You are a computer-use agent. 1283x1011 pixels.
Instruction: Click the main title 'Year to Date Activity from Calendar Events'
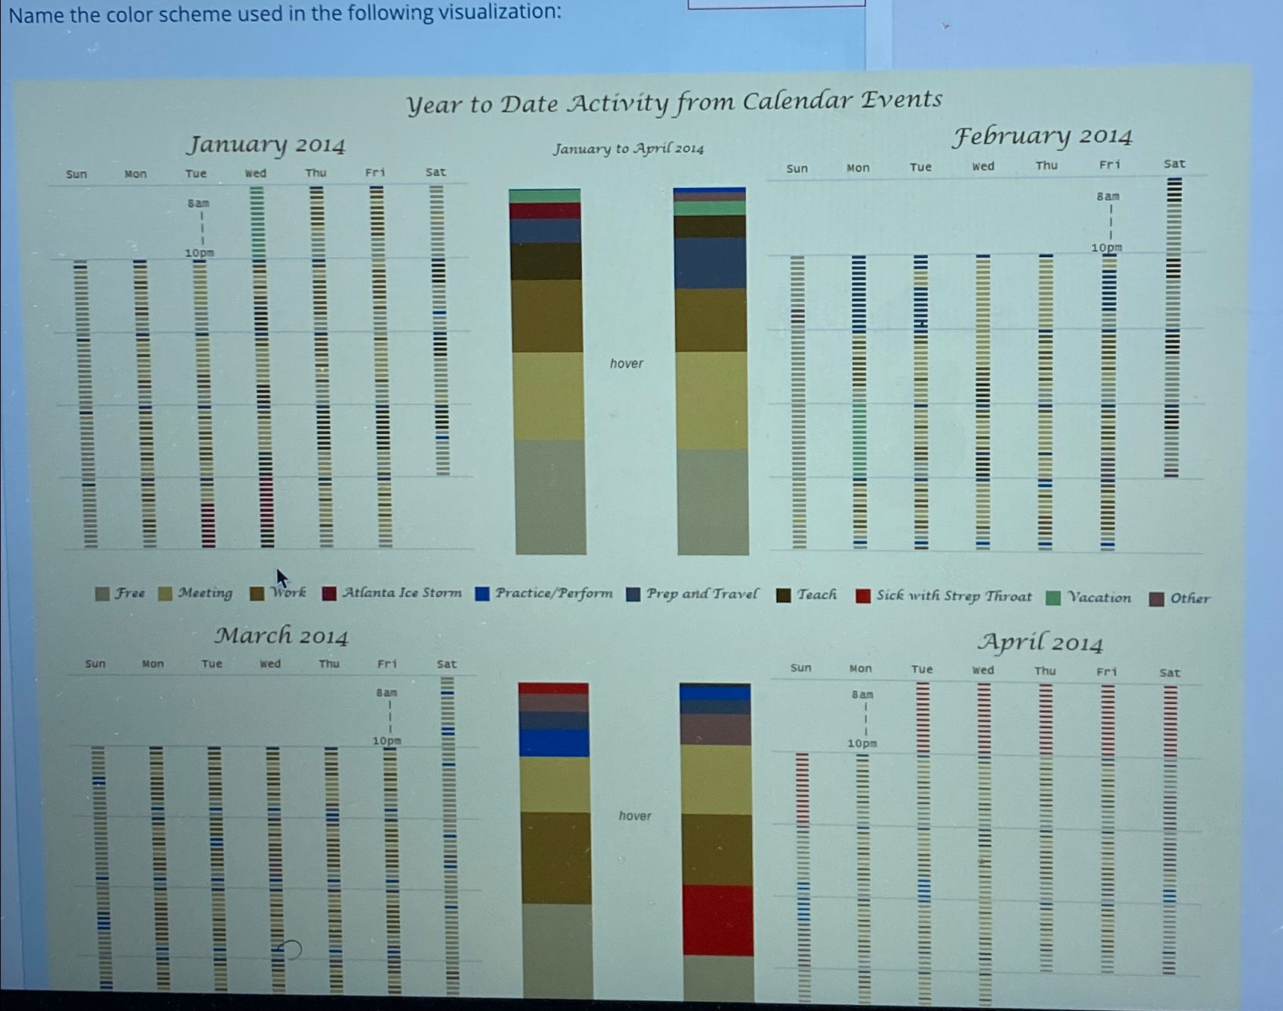[674, 102]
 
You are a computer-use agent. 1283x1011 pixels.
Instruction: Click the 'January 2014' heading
[266, 144]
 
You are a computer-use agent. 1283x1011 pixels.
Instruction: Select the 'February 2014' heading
[1042, 137]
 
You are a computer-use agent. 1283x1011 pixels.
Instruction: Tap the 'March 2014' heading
[281, 636]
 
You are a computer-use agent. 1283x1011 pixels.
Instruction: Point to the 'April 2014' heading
[1039, 643]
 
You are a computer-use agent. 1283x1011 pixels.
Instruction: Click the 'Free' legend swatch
[102, 594]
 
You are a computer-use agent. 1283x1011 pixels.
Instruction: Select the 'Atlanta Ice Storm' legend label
[401, 593]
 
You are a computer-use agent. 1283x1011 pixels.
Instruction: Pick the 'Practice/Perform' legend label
[553, 594]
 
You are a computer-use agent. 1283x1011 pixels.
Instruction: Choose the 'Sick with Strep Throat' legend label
[954, 596]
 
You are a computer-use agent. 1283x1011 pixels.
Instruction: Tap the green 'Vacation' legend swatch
[1053, 598]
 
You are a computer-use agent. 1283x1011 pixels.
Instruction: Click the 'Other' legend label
[1190, 598]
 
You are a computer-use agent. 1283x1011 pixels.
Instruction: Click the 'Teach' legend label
[816, 595]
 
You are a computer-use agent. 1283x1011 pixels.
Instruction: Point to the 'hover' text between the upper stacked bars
[626, 363]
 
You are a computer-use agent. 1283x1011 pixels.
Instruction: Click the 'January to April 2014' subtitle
[628, 149]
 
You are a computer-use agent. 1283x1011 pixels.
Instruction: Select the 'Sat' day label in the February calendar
[1174, 164]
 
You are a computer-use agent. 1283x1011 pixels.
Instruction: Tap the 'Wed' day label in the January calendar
[256, 173]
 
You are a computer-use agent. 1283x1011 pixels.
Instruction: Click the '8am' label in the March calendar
[386, 692]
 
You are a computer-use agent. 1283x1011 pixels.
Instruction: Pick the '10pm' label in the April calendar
[862, 743]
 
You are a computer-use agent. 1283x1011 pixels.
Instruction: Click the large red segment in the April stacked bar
[717, 920]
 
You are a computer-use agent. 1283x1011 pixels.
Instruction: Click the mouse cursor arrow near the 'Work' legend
[281, 579]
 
